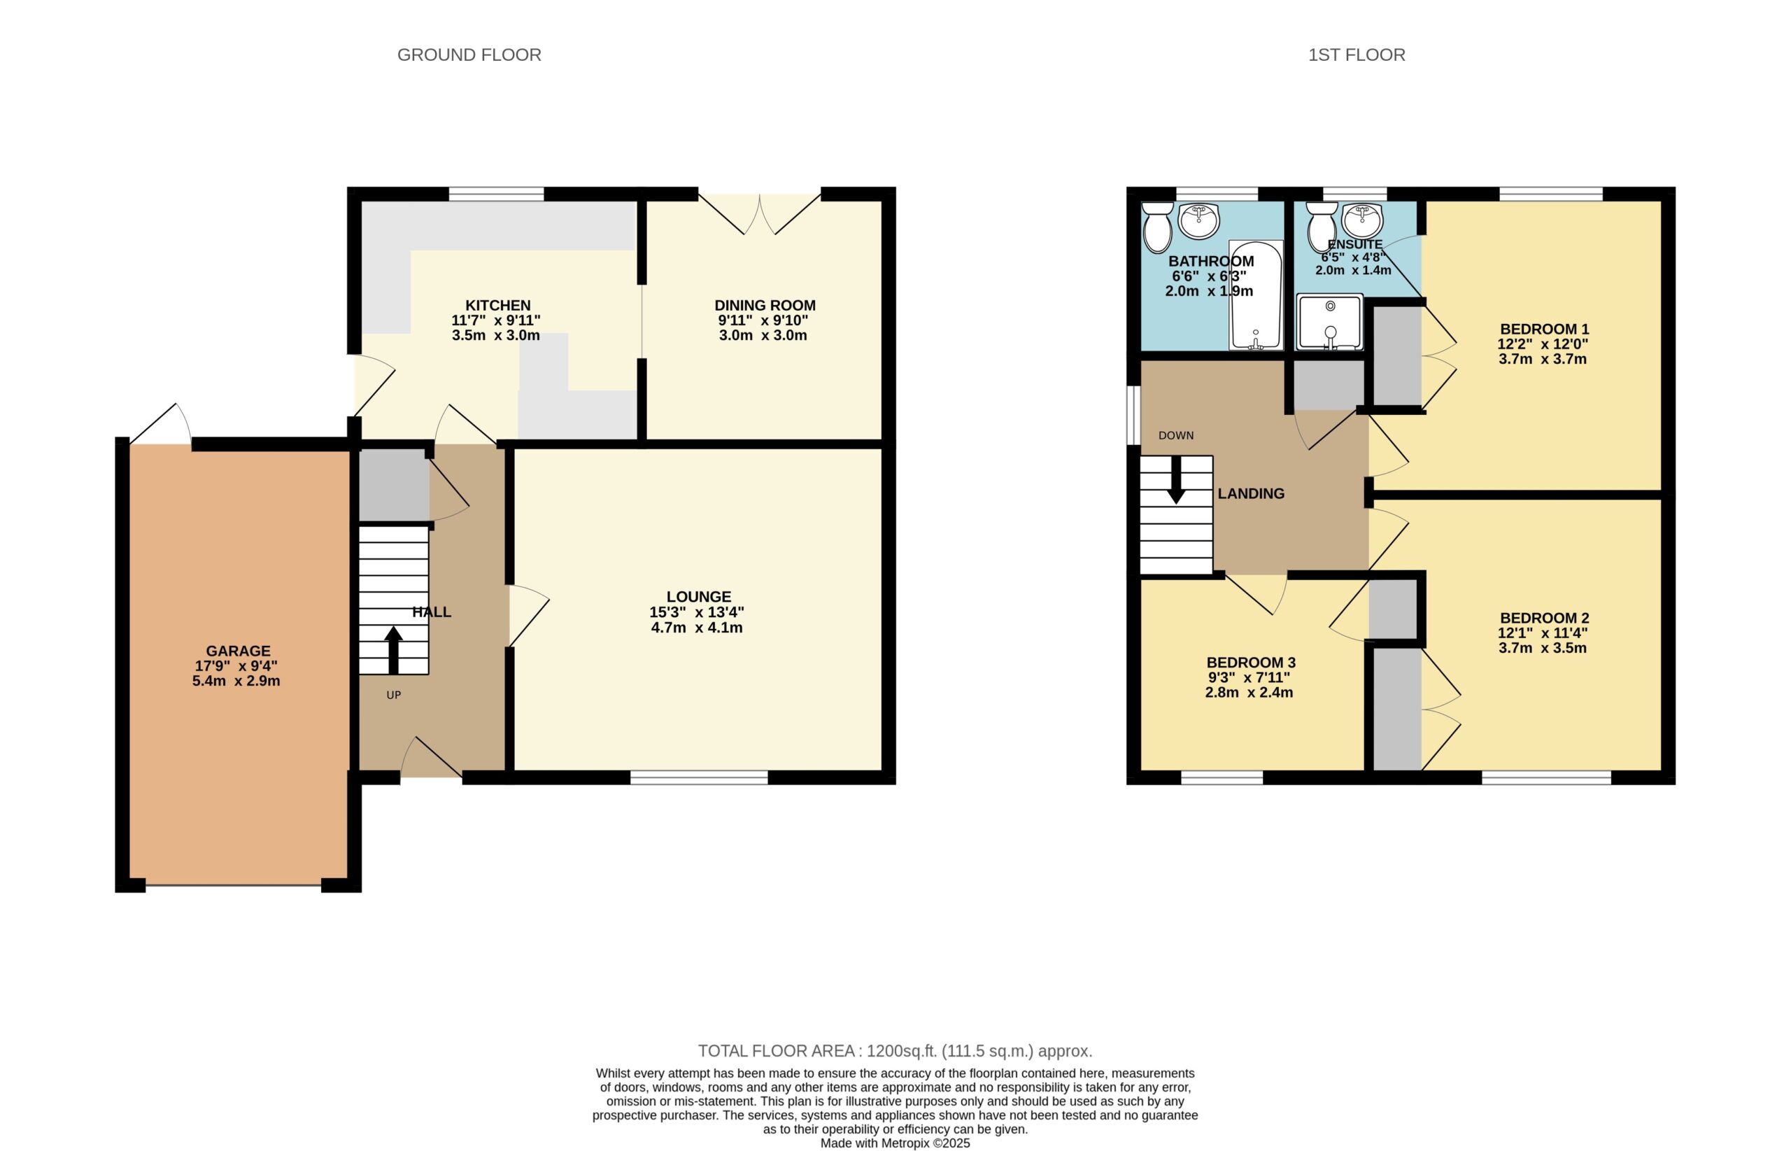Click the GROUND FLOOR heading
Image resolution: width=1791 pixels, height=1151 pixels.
tap(469, 55)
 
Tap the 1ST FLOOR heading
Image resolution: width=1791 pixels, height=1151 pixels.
tap(1356, 55)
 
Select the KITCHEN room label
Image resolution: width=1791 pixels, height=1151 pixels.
tap(497, 306)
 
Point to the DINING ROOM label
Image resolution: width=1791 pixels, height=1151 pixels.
tap(765, 306)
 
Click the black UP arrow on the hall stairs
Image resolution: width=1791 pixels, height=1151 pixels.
tap(393, 650)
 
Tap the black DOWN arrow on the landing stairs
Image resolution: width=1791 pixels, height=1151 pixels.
tap(1176, 479)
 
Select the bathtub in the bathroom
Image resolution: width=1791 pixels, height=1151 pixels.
tap(1256, 295)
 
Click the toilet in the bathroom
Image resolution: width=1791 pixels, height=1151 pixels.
tap(1158, 227)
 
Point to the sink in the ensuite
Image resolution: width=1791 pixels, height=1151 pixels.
tap(1362, 220)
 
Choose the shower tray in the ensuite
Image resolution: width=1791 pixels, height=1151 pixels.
tap(1330, 322)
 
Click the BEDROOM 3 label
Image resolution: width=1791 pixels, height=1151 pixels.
tap(1251, 663)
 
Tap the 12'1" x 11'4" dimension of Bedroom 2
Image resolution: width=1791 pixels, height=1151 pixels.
tap(1543, 633)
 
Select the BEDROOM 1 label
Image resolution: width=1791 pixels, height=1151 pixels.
tap(1545, 330)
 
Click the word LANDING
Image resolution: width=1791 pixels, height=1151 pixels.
tap(1251, 494)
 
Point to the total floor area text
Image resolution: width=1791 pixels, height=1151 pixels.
tap(895, 1052)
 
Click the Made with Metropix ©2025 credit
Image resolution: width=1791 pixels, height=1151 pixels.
tap(895, 1143)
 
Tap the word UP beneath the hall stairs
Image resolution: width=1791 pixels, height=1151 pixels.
tap(394, 695)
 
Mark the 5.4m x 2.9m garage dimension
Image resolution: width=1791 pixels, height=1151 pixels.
tap(236, 682)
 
